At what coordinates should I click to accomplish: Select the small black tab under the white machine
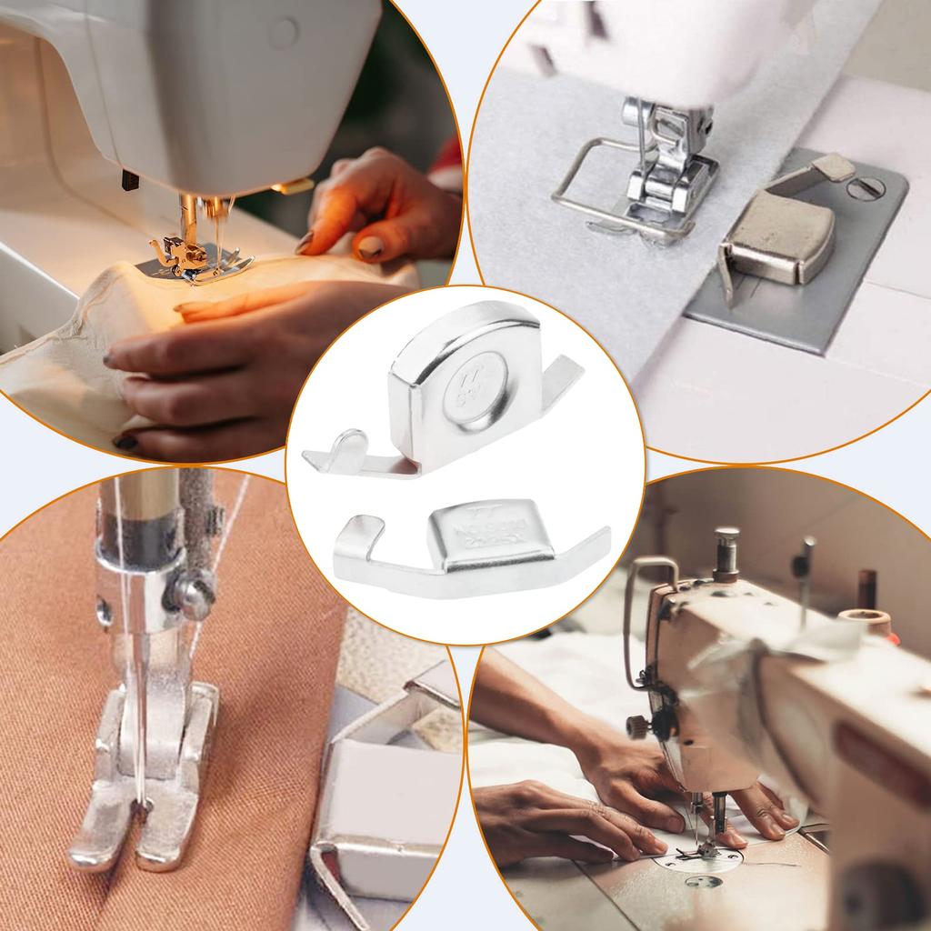pyautogui.click(x=128, y=180)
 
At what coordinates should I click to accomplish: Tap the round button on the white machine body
pyautogui.click(x=283, y=34)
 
